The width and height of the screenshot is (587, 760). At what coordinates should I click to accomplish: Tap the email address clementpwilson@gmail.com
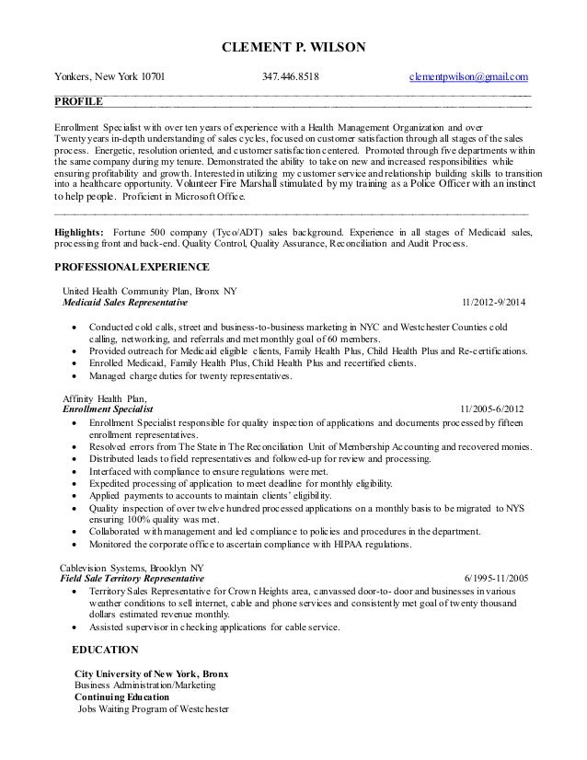pos(469,77)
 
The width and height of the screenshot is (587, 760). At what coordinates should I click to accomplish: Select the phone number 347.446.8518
pos(293,77)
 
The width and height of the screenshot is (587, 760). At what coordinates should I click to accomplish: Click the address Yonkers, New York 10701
pos(108,77)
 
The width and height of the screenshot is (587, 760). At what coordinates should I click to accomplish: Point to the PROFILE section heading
pos(79,100)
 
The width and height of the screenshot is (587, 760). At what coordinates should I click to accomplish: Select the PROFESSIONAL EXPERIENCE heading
pos(132,267)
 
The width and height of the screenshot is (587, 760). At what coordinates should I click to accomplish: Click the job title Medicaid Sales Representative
pos(125,303)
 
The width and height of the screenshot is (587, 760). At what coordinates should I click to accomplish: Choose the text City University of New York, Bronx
pos(151,674)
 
